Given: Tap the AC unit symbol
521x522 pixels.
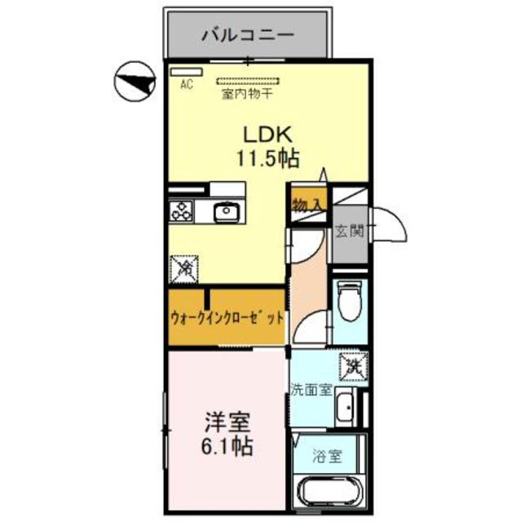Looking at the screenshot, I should click(x=187, y=72).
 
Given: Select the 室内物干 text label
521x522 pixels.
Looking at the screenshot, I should click(x=247, y=94).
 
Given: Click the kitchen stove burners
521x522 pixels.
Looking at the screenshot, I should click(x=181, y=213).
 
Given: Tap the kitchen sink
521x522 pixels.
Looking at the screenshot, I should click(x=225, y=213).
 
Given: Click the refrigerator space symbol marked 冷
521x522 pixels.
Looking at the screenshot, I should click(x=183, y=266).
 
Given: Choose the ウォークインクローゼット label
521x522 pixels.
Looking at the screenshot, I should click(x=227, y=317).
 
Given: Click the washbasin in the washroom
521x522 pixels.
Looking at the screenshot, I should click(x=345, y=405).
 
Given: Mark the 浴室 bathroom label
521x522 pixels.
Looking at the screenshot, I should click(x=327, y=458).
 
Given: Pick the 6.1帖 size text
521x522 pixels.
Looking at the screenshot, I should click(x=227, y=446).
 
